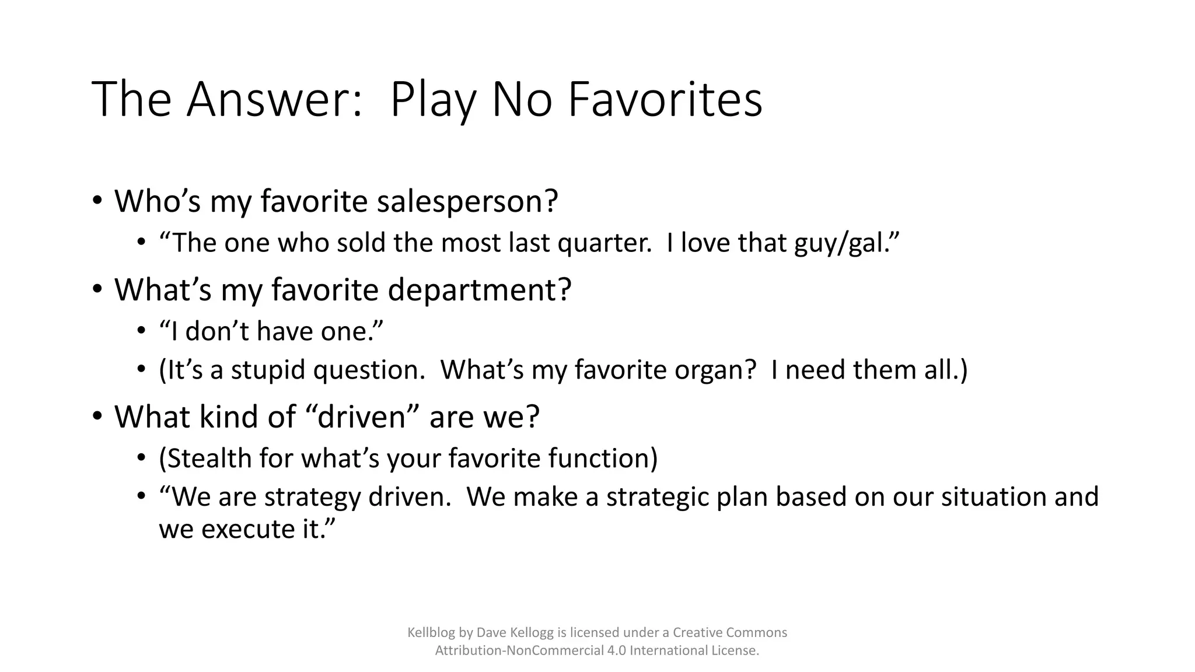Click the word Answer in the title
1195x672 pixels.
[274, 99]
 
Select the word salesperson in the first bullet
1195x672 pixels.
[467, 201]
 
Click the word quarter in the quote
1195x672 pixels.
[604, 243]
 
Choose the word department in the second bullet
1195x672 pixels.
[479, 289]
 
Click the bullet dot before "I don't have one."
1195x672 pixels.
[141, 331]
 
